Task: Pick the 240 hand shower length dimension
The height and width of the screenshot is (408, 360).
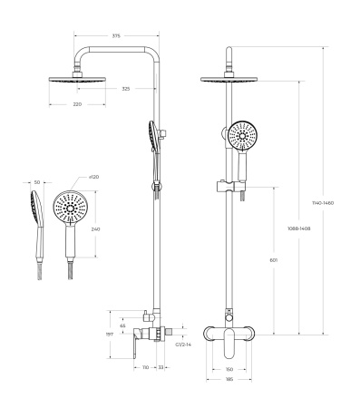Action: (96, 228)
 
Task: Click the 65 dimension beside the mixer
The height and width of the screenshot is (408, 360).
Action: (123, 325)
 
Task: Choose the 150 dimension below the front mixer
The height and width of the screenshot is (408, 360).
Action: (229, 369)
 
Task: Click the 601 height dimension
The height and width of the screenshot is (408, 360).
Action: (273, 260)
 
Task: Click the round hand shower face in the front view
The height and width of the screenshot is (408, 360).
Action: (243, 138)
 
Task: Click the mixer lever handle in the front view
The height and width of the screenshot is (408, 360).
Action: (230, 339)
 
